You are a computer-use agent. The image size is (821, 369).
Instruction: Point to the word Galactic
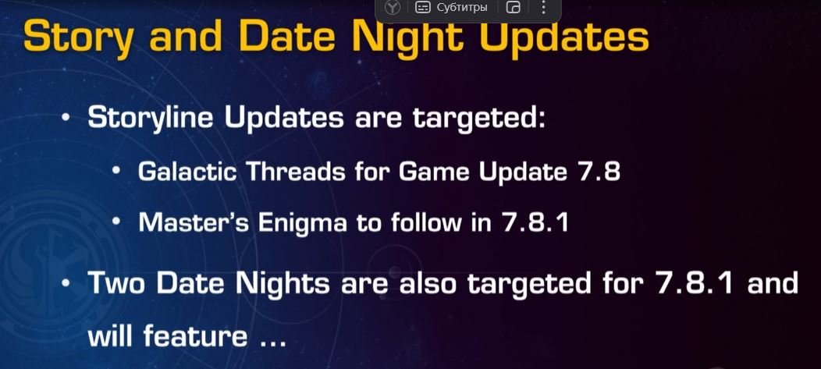188,171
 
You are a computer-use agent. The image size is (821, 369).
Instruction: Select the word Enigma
303,223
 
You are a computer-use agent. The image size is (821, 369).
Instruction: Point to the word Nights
283,283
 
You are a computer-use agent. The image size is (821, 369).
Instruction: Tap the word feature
195,335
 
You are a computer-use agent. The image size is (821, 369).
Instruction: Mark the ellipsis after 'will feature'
273,342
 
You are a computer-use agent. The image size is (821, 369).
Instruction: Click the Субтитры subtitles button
451,7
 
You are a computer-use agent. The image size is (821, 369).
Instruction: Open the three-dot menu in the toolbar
543,7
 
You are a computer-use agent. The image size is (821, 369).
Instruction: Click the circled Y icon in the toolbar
393,7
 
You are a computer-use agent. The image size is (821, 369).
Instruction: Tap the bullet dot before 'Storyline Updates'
66,119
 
